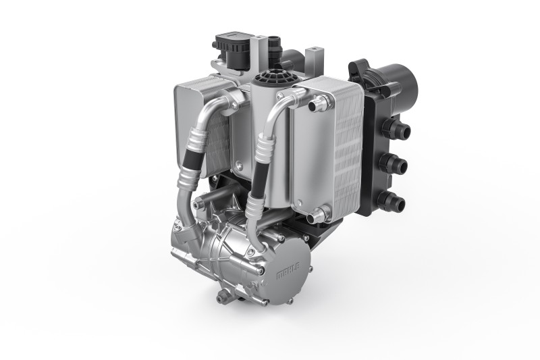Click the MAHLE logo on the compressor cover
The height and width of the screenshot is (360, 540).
click(289, 270)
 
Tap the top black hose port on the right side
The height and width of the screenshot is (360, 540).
click(397, 128)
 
